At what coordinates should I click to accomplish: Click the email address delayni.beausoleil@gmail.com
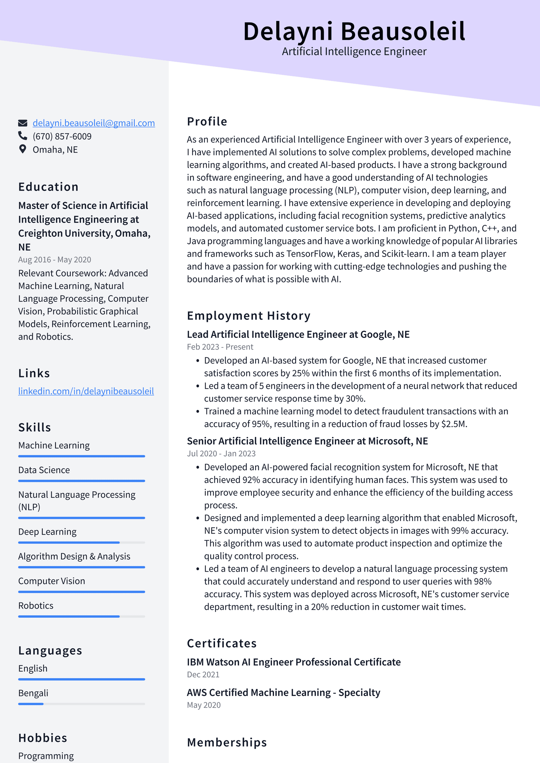(93, 123)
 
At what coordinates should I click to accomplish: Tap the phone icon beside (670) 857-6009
(23, 136)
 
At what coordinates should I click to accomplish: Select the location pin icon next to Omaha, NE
(23, 149)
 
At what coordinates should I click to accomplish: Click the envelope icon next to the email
(23, 123)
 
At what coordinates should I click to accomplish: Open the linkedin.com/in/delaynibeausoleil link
(86, 391)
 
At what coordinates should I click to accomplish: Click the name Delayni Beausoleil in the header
(354, 31)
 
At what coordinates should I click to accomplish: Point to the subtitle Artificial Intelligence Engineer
(354, 52)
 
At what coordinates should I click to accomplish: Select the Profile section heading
(207, 121)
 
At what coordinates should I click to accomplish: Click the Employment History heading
(248, 316)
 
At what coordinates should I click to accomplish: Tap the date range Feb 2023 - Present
(220, 347)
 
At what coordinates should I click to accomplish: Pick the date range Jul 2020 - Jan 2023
(221, 454)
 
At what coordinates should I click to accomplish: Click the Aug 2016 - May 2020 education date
(55, 260)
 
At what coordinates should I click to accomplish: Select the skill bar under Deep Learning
(81, 543)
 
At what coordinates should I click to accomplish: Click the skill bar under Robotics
(81, 617)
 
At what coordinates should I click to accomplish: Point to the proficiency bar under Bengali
(81, 704)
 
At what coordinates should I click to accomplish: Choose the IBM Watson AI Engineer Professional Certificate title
(294, 662)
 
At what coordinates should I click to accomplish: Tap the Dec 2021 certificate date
(203, 675)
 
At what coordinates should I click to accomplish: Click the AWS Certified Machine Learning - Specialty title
(283, 692)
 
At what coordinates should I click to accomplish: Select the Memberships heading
(227, 743)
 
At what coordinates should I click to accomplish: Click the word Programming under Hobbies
(46, 756)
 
